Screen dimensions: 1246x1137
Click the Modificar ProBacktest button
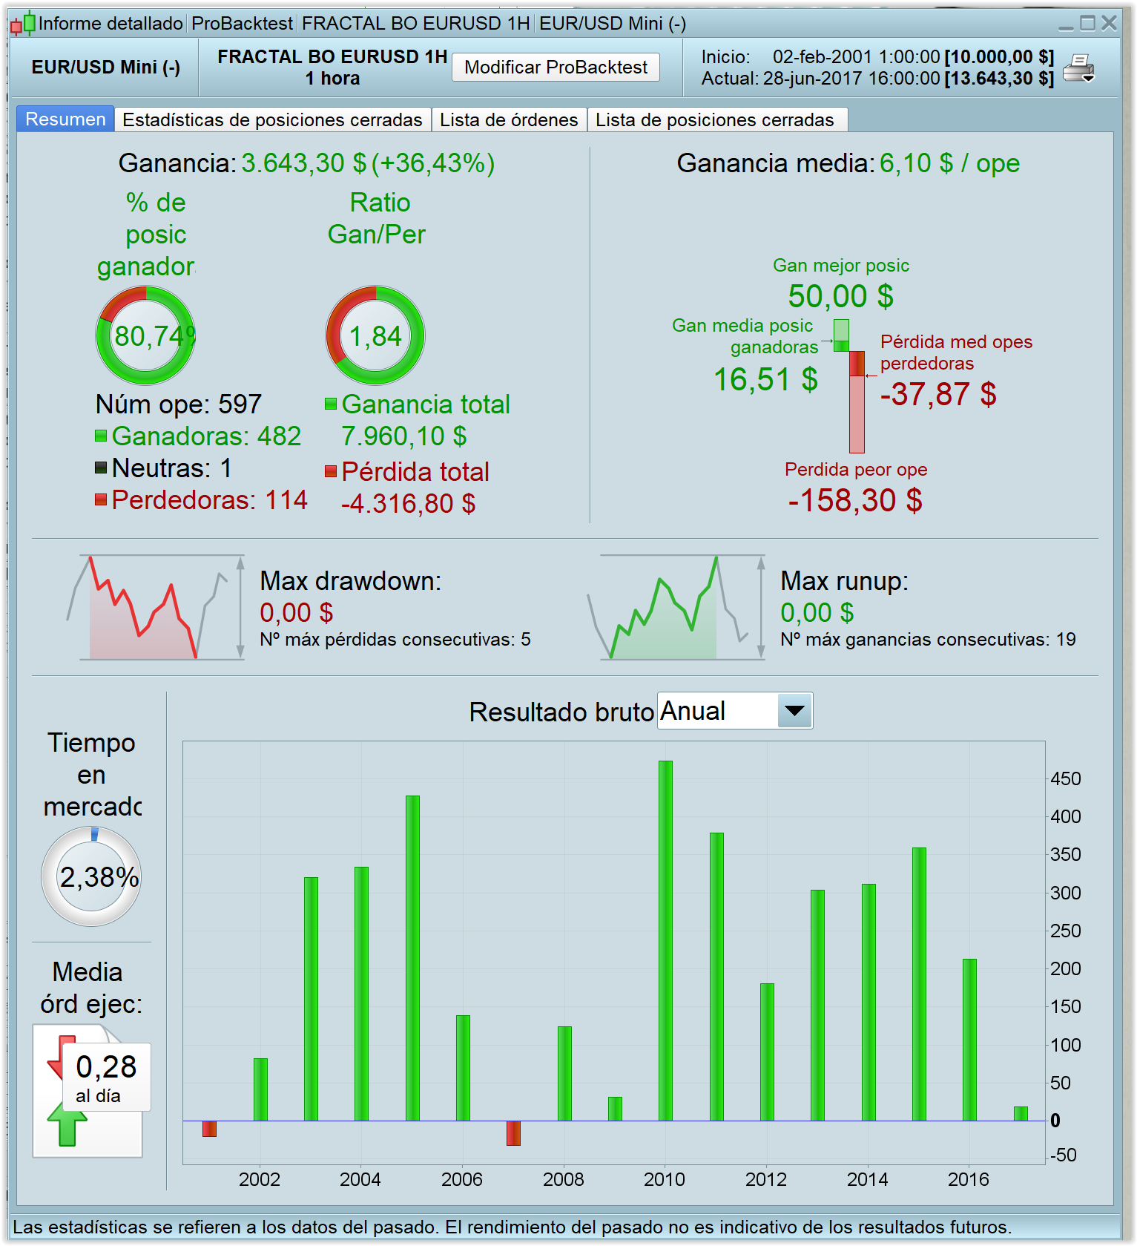[556, 68]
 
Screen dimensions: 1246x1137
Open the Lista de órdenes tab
[509, 120]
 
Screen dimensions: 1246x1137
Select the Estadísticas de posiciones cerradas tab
[272, 120]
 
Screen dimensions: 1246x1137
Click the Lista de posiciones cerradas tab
[714, 120]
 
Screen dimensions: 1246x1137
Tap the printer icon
[1078, 68]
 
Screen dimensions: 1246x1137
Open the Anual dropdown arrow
[794, 711]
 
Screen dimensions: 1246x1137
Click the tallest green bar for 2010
[665, 940]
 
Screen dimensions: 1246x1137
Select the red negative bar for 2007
[513, 1132]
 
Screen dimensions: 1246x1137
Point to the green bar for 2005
[412, 957]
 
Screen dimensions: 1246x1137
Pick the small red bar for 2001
[209, 1128]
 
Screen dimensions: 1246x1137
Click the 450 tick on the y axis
[1066, 779]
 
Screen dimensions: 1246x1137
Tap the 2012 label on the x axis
[766, 1179]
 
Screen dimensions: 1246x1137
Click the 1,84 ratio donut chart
[375, 336]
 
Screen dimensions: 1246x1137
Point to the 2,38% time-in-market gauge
[92, 876]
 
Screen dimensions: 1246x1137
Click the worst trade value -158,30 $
[855, 501]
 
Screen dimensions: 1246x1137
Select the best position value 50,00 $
[840, 296]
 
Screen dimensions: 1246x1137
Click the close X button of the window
[1109, 23]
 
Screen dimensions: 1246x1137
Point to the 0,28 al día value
[106, 1075]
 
